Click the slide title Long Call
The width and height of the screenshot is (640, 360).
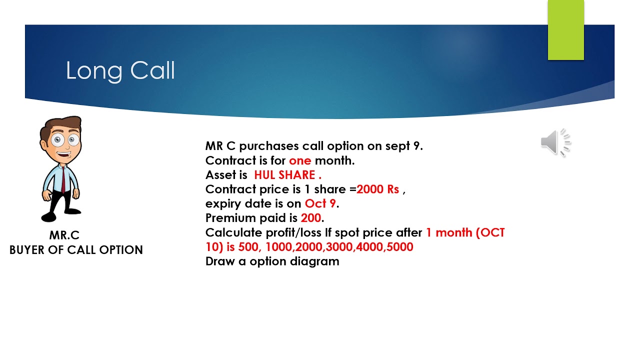click(120, 71)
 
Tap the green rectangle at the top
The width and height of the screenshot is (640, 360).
click(565, 30)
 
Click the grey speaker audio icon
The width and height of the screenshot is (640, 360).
click(555, 142)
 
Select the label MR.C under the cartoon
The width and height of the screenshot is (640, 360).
click(64, 235)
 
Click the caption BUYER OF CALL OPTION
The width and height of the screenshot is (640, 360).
click(76, 249)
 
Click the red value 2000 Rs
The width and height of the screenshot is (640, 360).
click(377, 189)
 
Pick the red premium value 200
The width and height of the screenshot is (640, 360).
click(311, 218)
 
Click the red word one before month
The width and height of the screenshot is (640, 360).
click(300, 160)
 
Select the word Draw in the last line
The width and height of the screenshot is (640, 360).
click(220, 261)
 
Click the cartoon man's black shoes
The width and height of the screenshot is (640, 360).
click(60, 215)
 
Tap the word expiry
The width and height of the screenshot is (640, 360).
click(221, 204)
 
